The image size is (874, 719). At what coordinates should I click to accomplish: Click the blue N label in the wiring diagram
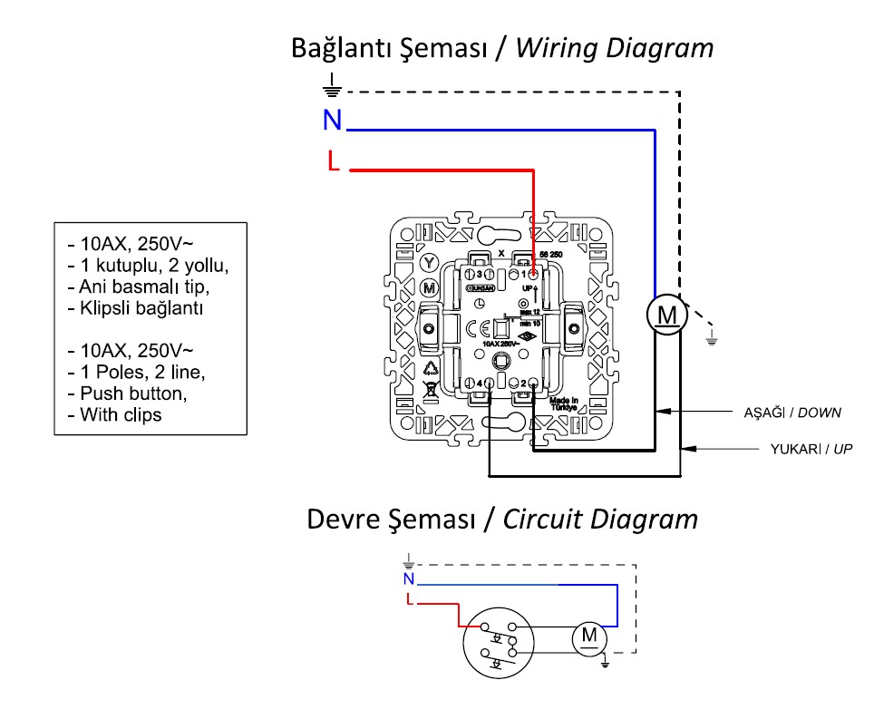(x=333, y=120)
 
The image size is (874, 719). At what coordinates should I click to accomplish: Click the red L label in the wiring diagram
(x=333, y=162)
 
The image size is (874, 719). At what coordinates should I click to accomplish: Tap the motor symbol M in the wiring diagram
(x=667, y=315)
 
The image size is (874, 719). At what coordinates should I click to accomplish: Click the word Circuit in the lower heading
(x=544, y=520)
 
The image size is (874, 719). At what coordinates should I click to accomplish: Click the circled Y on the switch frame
(x=430, y=261)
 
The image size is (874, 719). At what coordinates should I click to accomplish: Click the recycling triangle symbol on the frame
(x=431, y=369)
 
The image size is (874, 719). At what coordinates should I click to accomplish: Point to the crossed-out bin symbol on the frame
(x=431, y=393)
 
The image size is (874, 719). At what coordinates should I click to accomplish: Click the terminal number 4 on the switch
(x=478, y=384)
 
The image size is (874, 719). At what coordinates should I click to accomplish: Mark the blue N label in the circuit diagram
(x=409, y=578)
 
